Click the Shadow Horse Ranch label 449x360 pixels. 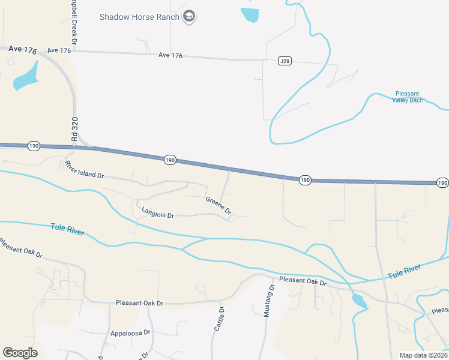(x=139, y=17)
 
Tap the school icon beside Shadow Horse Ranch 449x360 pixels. (x=190, y=16)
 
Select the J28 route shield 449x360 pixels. (x=285, y=61)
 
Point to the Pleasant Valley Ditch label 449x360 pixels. (x=408, y=97)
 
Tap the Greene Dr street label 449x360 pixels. (x=218, y=205)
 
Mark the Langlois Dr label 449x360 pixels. (x=157, y=212)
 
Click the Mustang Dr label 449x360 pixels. (x=270, y=301)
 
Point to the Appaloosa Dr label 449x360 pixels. (x=130, y=332)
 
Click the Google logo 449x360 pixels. (x=20, y=353)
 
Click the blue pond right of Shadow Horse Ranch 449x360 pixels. (x=250, y=14)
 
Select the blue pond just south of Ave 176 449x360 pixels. (x=25, y=76)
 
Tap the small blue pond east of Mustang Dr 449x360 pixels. (x=358, y=301)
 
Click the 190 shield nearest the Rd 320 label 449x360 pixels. (x=34, y=146)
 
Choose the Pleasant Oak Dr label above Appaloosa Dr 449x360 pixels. (x=139, y=303)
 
